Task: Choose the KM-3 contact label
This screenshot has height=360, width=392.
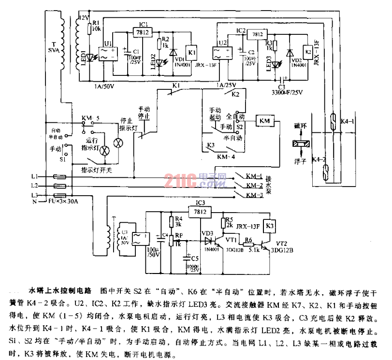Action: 254,195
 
